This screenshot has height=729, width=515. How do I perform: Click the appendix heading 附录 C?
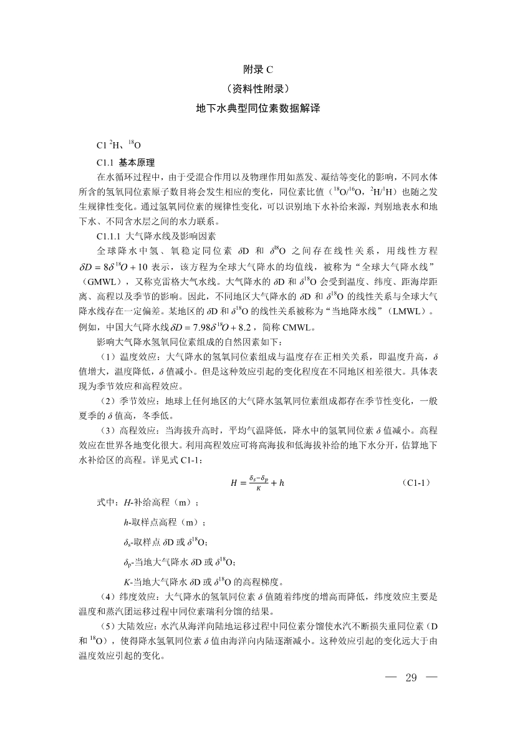pos(257,69)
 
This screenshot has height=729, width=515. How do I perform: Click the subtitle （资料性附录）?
pos(257,89)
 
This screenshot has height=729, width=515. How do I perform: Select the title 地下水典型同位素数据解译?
pos(257,108)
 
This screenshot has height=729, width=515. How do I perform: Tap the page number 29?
pos(410,678)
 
